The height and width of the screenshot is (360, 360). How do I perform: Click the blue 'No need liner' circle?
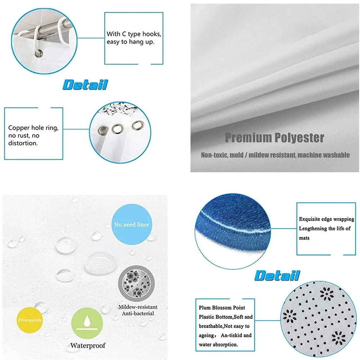pyautogui.click(x=131, y=225)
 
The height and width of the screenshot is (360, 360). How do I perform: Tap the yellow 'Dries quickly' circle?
pyautogui.click(x=30, y=320)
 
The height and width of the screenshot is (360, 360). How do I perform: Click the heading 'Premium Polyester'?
pyautogui.click(x=274, y=138)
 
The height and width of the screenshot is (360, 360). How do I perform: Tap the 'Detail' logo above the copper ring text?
pyautogui.click(x=85, y=85)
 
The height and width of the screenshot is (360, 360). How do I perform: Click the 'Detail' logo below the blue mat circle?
pyautogui.click(x=277, y=276)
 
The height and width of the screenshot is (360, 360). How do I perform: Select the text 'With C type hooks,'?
pyautogui.click(x=134, y=34)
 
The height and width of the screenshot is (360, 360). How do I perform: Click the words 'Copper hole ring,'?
pyautogui.click(x=33, y=127)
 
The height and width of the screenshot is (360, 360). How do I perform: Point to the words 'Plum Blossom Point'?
pyautogui.click(x=222, y=308)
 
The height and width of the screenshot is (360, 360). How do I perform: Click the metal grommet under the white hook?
pyautogui.click(x=37, y=54)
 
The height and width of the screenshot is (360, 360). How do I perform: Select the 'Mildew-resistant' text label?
pyautogui.click(x=138, y=307)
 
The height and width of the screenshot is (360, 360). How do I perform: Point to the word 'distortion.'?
pyautogui.click(x=23, y=143)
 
